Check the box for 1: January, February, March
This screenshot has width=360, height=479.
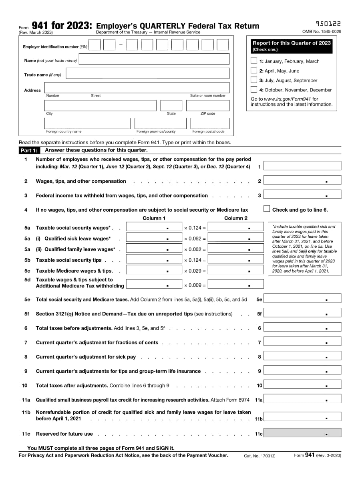pos(254,61)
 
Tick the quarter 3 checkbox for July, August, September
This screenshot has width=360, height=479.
pos(254,80)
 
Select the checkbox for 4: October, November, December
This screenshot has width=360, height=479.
pos(254,90)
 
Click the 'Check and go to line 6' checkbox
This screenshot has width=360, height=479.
pos(267,209)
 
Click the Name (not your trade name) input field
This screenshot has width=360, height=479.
pos(154,59)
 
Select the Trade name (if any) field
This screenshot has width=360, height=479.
pos(147,73)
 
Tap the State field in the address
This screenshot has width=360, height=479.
pos(171,105)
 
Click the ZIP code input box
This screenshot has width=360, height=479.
pos(208,105)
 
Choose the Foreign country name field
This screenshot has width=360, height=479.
pos(87,123)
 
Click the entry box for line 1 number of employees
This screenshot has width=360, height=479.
pos(302,166)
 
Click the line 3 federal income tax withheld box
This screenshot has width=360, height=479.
pos(302,194)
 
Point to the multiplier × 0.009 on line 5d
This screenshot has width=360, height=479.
pos(195,285)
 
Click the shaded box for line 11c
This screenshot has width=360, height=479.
pos(302,433)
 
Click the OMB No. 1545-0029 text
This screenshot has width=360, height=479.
pos(322,32)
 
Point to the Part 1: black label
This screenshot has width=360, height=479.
pos(29,151)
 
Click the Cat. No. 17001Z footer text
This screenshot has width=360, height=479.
pos(259,456)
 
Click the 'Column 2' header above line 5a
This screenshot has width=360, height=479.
pos(236,218)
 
